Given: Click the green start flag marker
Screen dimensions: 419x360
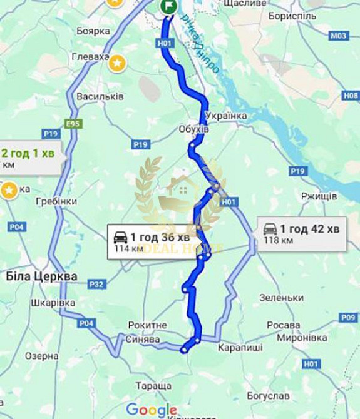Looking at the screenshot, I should point(168,6).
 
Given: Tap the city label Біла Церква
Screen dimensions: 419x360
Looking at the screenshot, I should point(41,276).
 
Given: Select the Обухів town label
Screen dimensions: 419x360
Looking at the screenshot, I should point(193,129).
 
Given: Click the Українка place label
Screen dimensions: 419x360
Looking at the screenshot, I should point(226,116).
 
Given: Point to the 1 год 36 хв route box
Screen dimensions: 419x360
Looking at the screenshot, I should point(153,241).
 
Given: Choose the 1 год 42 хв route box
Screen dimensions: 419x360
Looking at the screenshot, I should point(302,233).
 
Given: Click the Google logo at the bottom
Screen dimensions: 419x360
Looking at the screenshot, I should point(151,410).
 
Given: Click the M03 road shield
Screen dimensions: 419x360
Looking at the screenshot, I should point(339,36).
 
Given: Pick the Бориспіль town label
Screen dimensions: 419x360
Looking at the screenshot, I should point(292,16).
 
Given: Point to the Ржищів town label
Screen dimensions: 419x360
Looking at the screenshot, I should point(319,196).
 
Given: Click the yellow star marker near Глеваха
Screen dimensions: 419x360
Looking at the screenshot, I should point(117,63).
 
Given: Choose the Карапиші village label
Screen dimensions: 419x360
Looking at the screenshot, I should point(240,347).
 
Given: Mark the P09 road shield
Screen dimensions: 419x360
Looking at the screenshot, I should point(349,318).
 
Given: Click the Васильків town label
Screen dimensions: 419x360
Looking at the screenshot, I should point(100,97).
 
